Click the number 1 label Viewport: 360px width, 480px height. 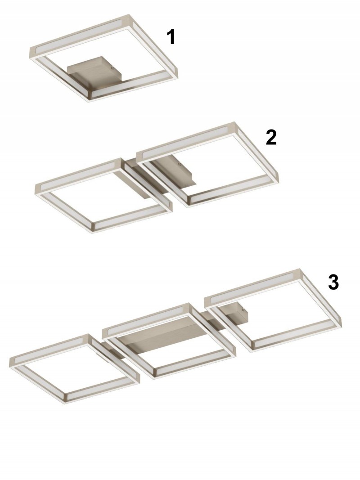pos(171,37)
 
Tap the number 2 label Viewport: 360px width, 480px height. pos(271,137)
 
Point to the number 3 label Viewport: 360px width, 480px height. pos(333,282)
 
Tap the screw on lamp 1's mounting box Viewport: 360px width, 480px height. pos(112,68)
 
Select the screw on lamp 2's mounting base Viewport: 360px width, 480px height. pos(180,164)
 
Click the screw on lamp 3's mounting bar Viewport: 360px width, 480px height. pos(243,310)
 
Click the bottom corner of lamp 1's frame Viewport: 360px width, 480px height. pos(89,101)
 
